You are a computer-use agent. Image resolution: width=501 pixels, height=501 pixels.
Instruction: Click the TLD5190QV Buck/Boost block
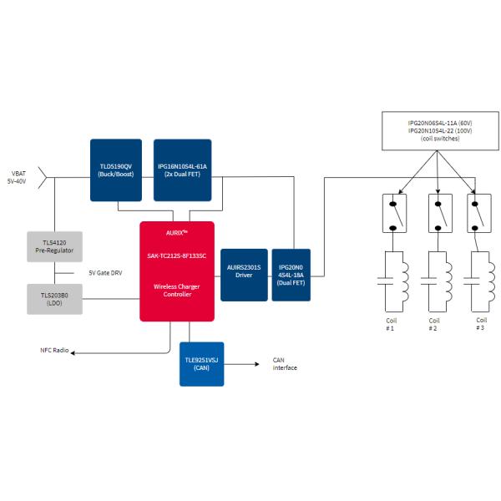117,170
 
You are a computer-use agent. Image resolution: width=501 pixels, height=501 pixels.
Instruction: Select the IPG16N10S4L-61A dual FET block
181,170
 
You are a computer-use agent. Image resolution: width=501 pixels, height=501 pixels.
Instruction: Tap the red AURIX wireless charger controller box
177,271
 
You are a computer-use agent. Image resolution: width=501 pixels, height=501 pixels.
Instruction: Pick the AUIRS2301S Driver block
244,275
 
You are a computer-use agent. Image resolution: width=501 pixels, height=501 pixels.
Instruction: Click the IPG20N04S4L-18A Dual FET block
291,275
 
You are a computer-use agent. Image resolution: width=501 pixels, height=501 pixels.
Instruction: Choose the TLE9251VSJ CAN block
201,363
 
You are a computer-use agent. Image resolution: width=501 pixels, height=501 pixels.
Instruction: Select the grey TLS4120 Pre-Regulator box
55,245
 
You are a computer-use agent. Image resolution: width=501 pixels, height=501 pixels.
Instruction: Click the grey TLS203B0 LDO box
55,298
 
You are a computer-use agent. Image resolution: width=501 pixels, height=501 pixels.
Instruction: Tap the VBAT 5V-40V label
18,176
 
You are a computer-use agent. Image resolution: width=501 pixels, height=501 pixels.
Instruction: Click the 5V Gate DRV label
105,272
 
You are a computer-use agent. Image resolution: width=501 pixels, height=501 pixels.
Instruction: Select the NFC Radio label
54,350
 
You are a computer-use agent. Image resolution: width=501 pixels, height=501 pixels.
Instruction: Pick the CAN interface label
285,364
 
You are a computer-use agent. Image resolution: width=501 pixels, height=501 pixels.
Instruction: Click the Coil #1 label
389,324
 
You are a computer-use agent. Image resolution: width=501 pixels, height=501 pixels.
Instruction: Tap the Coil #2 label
433,324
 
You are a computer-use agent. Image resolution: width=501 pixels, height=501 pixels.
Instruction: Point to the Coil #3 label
480,324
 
